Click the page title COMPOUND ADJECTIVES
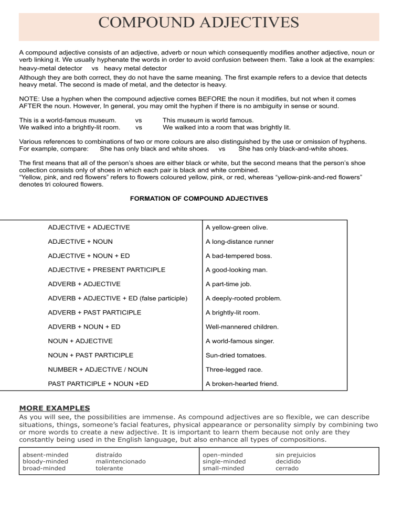click(x=198, y=23)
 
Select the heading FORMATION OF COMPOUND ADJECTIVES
click(x=198, y=199)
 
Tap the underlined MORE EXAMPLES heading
click(x=54, y=408)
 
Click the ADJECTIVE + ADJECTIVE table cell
click(x=89, y=227)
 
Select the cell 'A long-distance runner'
click(x=240, y=242)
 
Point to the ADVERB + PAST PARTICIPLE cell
click(x=94, y=312)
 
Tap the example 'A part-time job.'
click(x=228, y=284)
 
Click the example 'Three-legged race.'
click(x=234, y=370)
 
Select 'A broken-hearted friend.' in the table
click(x=242, y=384)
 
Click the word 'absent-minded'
click(x=46, y=455)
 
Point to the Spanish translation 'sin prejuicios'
click(x=296, y=455)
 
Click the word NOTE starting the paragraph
click(x=29, y=99)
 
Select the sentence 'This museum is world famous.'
click(x=208, y=120)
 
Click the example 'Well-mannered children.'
click(x=242, y=327)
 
